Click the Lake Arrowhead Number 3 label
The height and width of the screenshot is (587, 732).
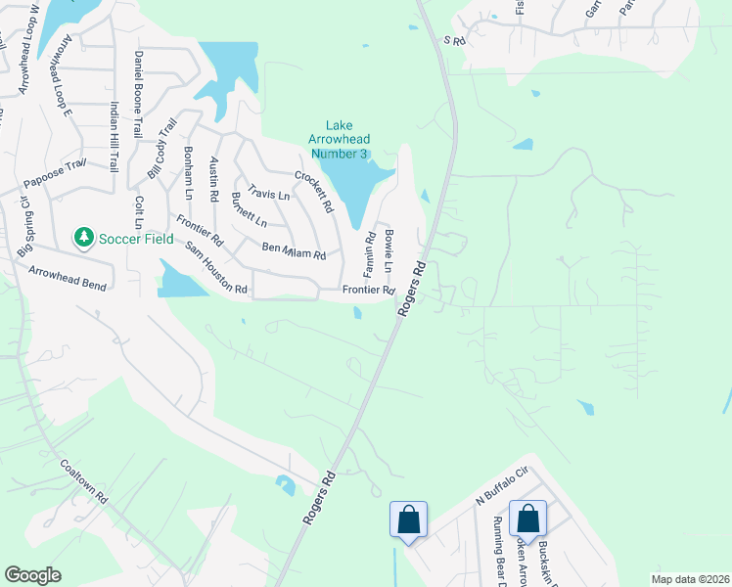coord(339,139)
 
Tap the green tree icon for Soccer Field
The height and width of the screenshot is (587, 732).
coord(84,237)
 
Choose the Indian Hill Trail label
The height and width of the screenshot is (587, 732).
coord(114,138)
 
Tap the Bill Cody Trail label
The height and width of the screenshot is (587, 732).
coord(161,147)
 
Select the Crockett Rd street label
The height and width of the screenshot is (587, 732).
coord(314,193)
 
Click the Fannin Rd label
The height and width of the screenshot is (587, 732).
coord(371,252)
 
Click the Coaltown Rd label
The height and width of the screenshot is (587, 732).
coord(83,480)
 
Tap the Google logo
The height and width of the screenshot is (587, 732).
coord(32,575)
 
